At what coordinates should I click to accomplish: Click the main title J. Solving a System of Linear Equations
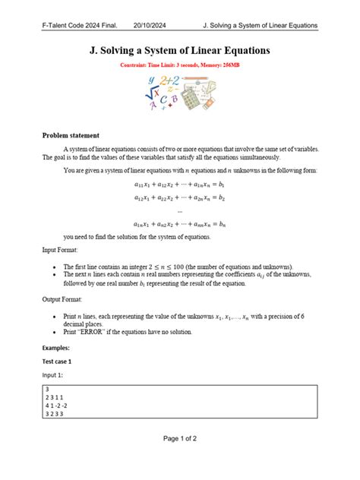click(180, 52)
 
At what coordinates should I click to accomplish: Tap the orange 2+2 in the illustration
click(169, 81)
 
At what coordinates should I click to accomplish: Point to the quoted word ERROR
click(92, 332)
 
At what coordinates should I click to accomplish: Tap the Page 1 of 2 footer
click(180, 460)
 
